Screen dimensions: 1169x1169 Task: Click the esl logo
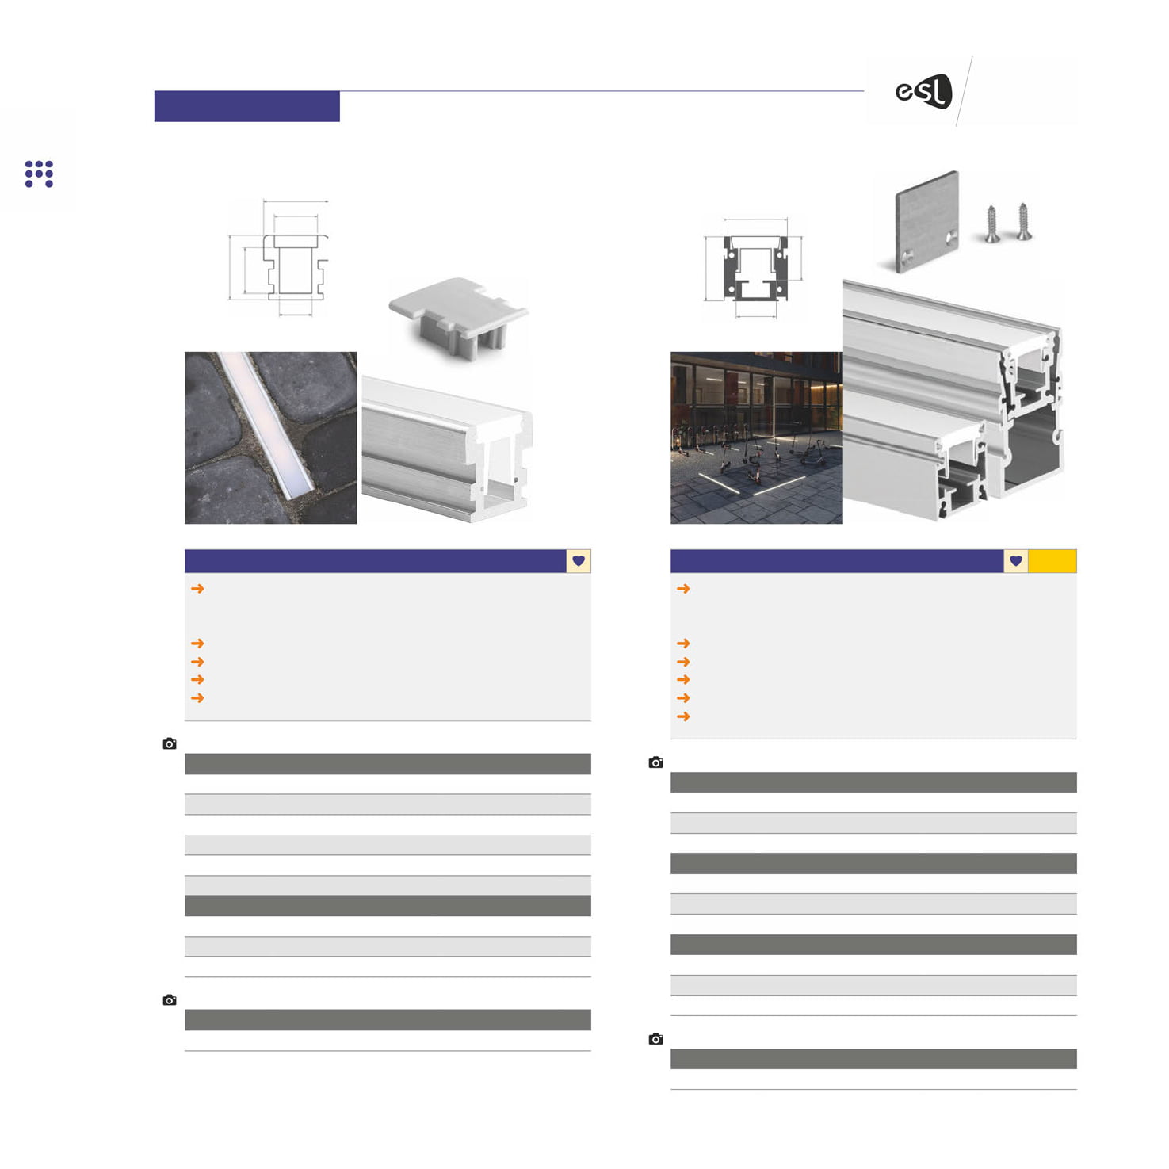[923, 91]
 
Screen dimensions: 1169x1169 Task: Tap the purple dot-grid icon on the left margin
[39, 174]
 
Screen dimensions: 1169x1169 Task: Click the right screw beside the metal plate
[1023, 222]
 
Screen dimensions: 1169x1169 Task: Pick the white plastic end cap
[458, 317]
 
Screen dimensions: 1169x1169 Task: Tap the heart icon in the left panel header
[579, 561]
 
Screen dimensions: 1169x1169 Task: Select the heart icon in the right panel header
[1016, 561]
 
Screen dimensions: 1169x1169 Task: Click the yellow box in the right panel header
[1052, 561]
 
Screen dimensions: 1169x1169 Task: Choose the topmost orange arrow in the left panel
[197, 589]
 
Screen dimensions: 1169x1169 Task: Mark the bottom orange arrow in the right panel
[683, 716]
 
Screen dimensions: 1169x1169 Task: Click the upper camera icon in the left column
[170, 744]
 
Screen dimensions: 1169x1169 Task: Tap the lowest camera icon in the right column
[655, 1039]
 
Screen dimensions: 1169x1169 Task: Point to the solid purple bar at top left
[247, 106]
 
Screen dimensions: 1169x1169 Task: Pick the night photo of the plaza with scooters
[757, 437]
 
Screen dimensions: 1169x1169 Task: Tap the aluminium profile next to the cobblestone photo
[447, 448]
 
